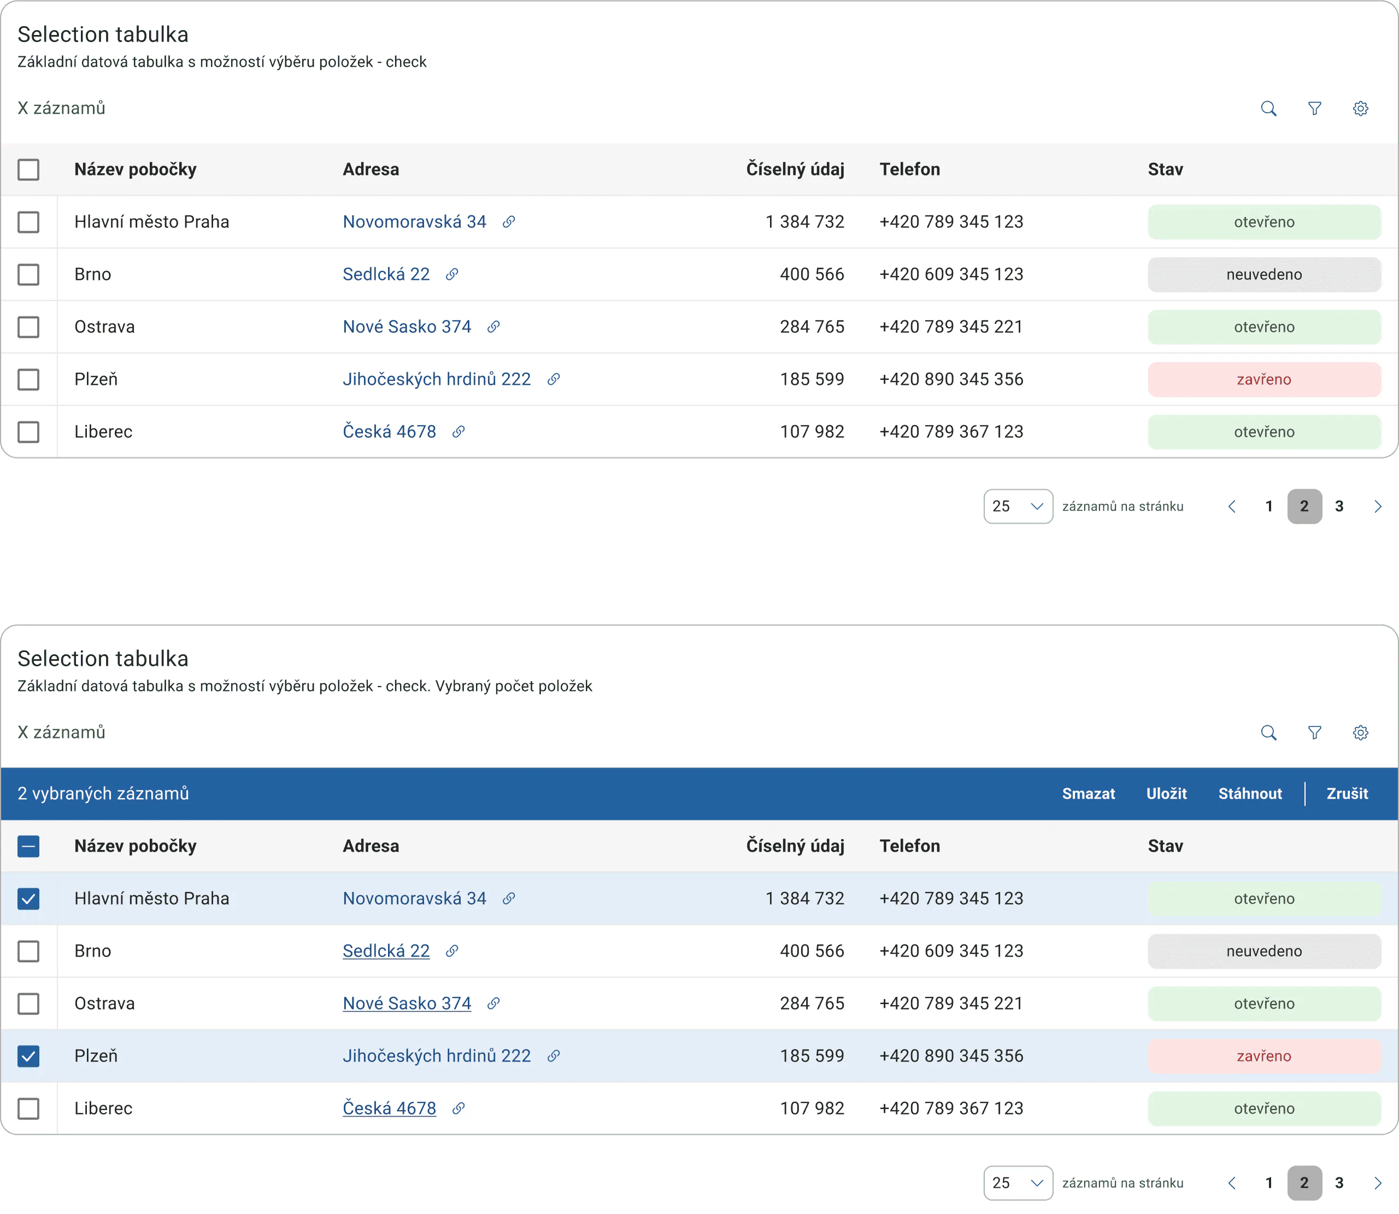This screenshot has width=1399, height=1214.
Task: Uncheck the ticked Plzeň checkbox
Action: [x=28, y=1055]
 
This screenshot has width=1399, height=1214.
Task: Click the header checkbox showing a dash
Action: [x=28, y=846]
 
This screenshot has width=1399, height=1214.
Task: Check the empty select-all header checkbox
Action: [x=28, y=169]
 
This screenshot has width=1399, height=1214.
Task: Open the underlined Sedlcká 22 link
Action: [x=386, y=951]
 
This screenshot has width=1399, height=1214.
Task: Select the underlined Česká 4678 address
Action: [x=389, y=1109]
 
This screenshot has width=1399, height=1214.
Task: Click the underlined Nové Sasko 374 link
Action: [x=407, y=1004]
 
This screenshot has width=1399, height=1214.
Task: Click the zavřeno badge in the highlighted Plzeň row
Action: [x=1264, y=1055]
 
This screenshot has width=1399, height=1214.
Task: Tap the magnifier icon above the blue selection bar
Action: [x=1268, y=732]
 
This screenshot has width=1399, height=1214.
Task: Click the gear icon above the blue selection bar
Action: [x=1360, y=732]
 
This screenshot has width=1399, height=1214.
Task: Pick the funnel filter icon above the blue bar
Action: [x=1314, y=732]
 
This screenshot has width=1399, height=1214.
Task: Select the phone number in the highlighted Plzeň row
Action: [x=951, y=1055]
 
